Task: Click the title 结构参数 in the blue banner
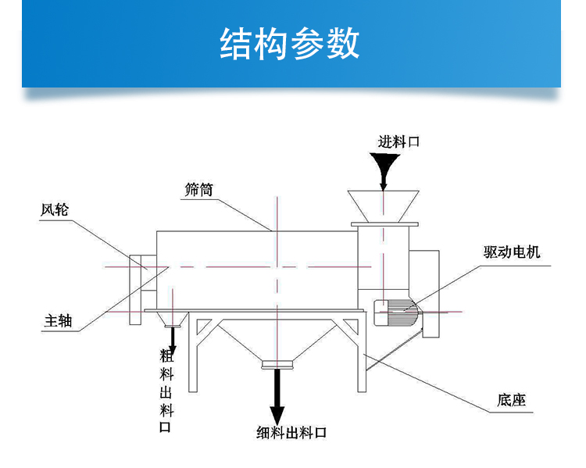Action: tap(290, 44)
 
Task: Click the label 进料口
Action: tap(399, 142)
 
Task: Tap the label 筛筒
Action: tap(199, 189)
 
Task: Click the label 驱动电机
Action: tap(512, 253)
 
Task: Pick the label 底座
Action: tap(511, 401)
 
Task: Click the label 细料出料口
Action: tap(291, 433)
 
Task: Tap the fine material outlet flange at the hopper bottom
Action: tap(277, 363)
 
